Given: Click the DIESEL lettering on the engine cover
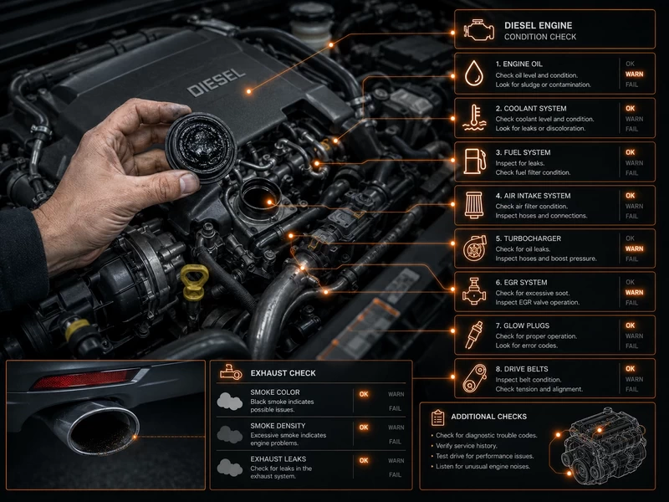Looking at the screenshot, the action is [217, 82].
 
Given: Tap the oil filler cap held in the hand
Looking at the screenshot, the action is [201, 147].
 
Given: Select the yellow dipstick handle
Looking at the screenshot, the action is [194, 281].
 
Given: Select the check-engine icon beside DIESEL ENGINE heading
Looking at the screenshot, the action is [479, 31].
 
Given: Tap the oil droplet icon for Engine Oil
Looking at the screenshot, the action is [474, 74].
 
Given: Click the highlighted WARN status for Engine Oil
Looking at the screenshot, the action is [634, 74].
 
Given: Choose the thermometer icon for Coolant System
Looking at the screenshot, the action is [474, 117].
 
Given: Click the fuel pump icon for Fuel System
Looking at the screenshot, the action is [474, 161].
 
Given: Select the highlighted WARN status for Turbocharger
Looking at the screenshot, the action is [634, 248].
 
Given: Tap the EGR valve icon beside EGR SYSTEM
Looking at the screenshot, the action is [474, 291].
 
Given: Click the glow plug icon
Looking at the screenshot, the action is [474, 336].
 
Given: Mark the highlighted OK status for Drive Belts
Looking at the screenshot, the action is [631, 369].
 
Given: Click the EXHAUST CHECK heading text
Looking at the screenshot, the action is [283, 373].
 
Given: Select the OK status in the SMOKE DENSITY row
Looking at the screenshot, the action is [364, 428].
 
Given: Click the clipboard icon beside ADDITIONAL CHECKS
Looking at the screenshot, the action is [437, 417].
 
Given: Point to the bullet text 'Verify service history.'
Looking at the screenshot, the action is [467, 446].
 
